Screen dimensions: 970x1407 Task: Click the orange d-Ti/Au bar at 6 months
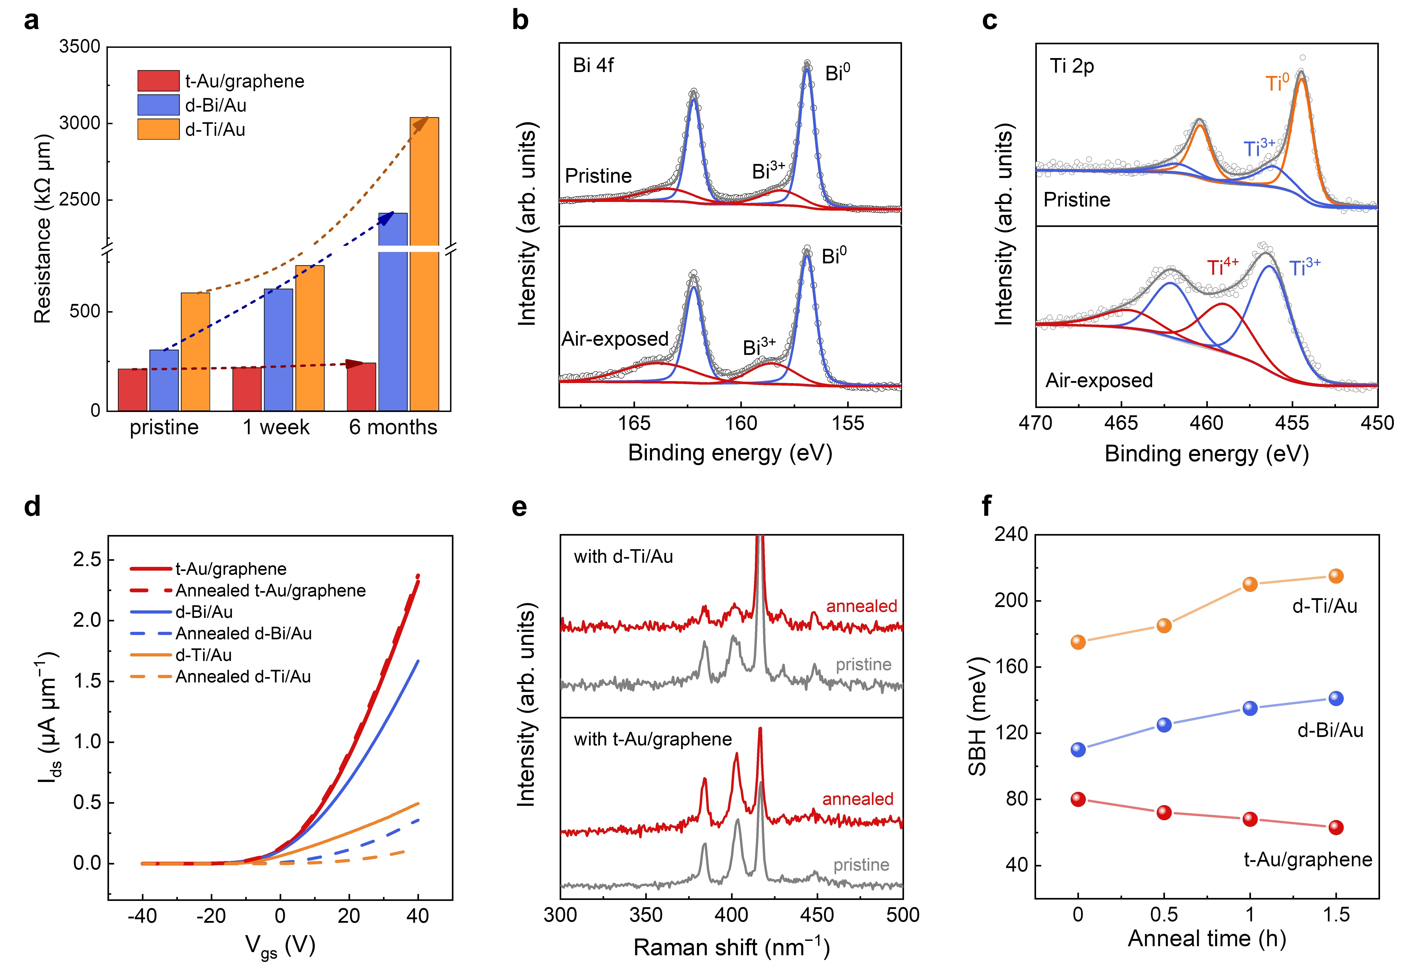(424, 264)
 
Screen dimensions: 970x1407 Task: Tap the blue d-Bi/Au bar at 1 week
(278, 349)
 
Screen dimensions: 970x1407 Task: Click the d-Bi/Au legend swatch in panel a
(158, 105)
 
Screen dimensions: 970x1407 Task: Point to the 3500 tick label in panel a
(80, 47)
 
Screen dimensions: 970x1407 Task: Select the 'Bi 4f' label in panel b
(593, 65)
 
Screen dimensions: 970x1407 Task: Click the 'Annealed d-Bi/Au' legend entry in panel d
(243, 633)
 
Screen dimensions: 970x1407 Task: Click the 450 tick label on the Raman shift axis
(817, 915)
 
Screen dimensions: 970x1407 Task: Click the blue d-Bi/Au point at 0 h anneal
(1078, 749)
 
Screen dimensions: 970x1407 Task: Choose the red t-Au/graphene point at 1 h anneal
(1250, 819)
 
